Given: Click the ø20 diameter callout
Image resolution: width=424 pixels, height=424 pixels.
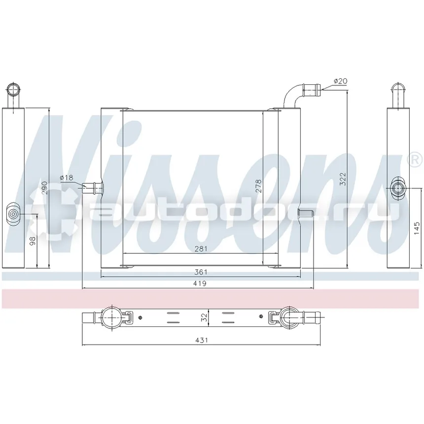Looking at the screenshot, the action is pos(341,81).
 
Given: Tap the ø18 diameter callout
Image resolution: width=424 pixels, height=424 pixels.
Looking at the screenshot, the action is pos(67,177).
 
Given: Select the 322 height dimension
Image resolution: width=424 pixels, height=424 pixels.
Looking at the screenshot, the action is pos(343,179).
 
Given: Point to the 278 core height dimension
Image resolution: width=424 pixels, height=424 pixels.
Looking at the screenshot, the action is pos(258,186).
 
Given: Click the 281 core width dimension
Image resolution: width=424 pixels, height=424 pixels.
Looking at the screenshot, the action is pos(201,248).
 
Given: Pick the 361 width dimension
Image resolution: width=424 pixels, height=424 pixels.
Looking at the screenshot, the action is pos(201,272).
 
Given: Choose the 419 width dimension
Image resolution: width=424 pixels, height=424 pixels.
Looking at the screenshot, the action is pos(200,283).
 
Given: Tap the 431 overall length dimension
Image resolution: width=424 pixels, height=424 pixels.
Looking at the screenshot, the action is pos(202,340).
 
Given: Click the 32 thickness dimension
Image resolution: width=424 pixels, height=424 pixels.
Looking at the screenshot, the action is pos(205,317).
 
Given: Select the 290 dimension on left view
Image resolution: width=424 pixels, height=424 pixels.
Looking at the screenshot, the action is pos(44,188).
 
